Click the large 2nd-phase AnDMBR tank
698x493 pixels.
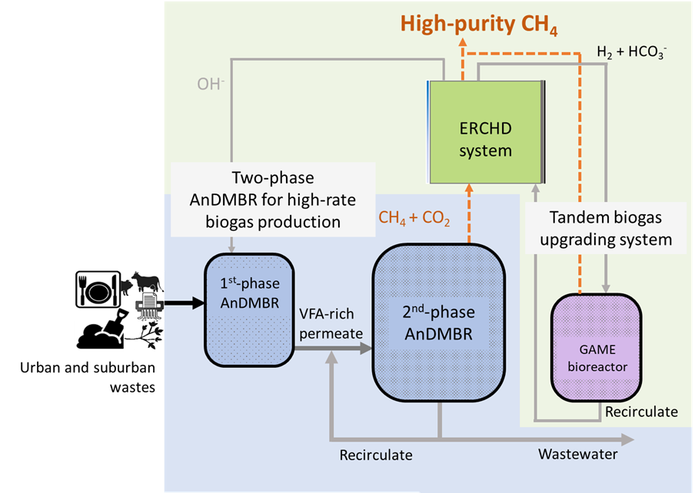(x=438, y=323)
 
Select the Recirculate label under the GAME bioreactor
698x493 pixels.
(x=641, y=412)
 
